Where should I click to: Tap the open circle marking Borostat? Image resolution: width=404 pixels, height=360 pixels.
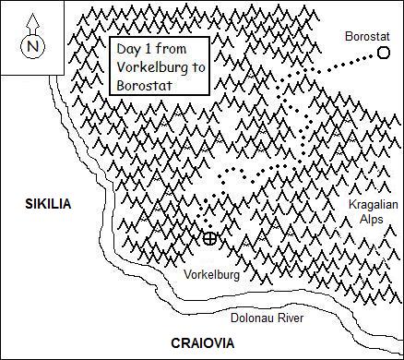click(x=384, y=54)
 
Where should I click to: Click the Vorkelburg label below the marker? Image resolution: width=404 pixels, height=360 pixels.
click(x=212, y=275)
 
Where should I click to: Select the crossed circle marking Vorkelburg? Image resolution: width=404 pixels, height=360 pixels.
click(x=210, y=239)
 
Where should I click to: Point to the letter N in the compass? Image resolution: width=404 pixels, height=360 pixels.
click(x=33, y=45)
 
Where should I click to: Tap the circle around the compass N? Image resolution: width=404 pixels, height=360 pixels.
click(x=33, y=34)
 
